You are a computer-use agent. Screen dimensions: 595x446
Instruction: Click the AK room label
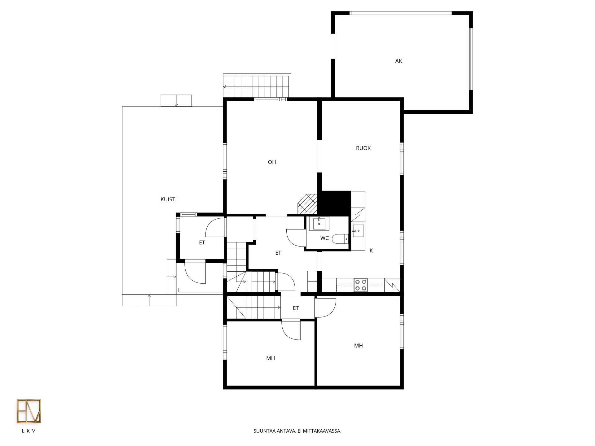[399, 61]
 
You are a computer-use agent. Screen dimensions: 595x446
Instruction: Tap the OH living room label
[272, 162]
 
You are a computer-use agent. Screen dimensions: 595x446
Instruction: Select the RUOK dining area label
[363, 148]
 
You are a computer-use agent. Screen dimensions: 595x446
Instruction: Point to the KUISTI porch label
[169, 199]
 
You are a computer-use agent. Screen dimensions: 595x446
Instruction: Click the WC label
[324, 238]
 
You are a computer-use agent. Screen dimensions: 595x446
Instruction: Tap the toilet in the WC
[340, 239]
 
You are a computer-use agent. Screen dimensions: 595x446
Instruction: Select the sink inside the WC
[319, 224]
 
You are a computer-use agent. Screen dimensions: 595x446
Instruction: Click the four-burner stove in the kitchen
[361, 285]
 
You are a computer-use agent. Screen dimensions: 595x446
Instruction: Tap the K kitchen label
[371, 251]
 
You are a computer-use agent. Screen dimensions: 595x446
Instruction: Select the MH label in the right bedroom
[359, 345]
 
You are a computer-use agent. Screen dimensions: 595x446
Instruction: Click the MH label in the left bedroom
[271, 358]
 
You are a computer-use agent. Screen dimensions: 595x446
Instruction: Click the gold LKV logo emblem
[29, 411]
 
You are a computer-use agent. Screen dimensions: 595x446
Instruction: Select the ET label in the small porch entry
[202, 243]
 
